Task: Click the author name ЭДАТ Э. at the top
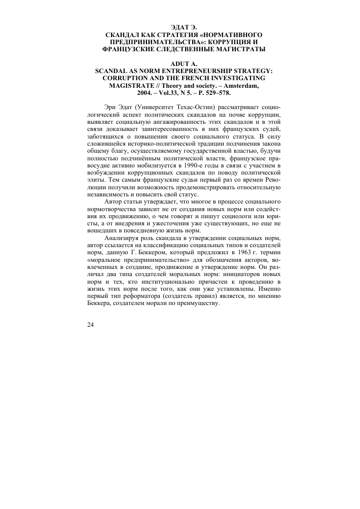184,26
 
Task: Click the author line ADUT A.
184,63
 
